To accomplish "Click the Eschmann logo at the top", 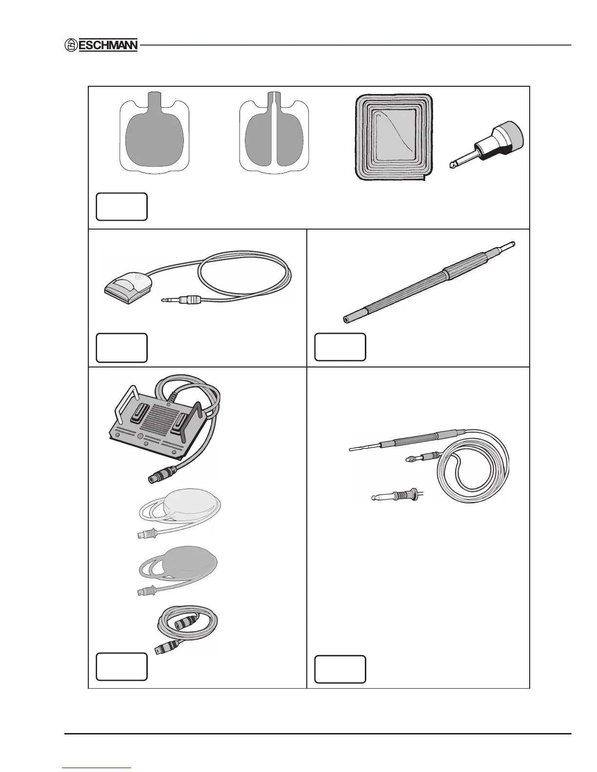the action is pyautogui.click(x=101, y=45).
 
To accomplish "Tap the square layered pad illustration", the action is pyautogui.click(x=394, y=138).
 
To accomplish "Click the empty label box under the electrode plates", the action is pyautogui.click(x=121, y=207).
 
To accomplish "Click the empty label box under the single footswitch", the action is pyautogui.click(x=121, y=347).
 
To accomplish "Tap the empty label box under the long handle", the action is pyautogui.click(x=340, y=347).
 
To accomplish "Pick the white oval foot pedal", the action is pyautogui.click(x=193, y=509).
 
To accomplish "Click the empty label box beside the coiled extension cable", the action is pyautogui.click(x=121, y=666).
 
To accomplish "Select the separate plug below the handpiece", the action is pyautogui.click(x=396, y=497).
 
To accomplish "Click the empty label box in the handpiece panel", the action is pyautogui.click(x=340, y=669).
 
